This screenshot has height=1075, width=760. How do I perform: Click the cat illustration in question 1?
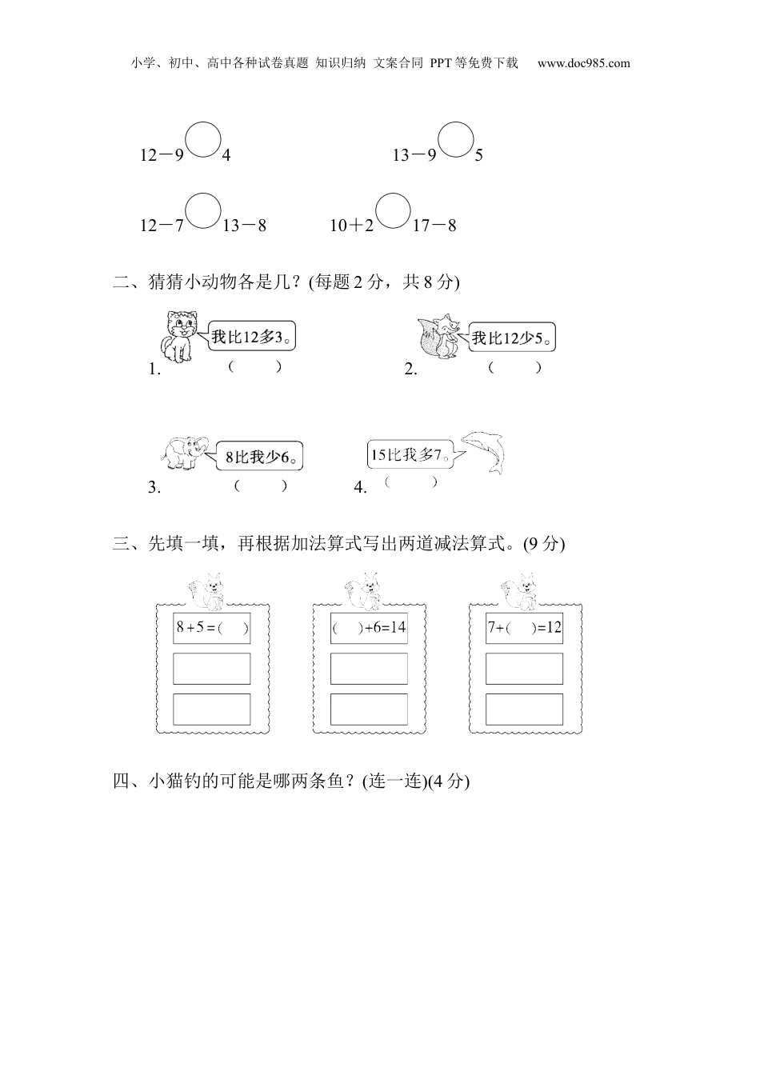pyautogui.click(x=180, y=337)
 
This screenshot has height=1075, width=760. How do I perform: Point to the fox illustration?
pyautogui.click(x=439, y=337)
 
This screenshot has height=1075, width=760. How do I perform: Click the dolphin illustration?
pyautogui.click(x=483, y=453)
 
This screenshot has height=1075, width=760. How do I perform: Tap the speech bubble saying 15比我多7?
pyautogui.click(x=407, y=455)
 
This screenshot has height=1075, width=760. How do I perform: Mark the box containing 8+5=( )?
pyautogui.click(x=212, y=628)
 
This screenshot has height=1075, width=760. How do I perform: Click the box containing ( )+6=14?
pyautogui.click(x=369, y=628)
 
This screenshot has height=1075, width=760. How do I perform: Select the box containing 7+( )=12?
pyautogui.click(x=524, y=628)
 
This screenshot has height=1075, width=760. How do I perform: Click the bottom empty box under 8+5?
pyautogui.click(x=212, y=709)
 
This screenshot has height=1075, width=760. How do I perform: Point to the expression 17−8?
pyautogui.click(x=434, y=226)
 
